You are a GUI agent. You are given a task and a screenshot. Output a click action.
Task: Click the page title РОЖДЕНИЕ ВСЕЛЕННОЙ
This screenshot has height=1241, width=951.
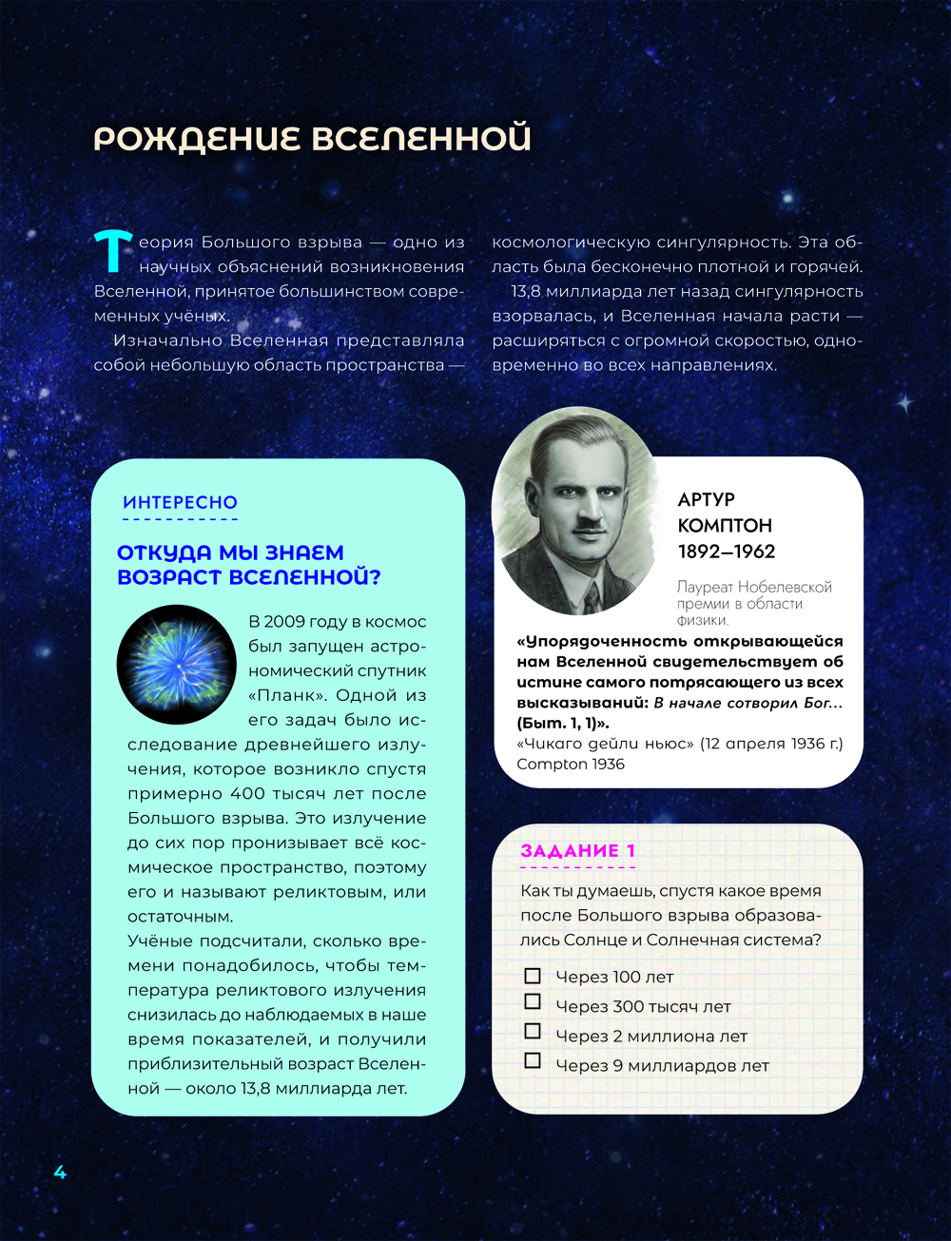(312, 138)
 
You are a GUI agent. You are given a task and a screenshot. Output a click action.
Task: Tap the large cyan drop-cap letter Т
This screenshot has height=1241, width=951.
(112, 249)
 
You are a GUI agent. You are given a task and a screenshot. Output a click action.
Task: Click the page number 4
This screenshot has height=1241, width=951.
(60, 1172)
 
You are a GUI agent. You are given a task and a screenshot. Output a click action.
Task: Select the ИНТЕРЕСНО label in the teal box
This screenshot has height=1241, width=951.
(180, 502)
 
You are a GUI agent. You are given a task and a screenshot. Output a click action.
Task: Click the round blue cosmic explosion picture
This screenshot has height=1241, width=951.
(176, 663)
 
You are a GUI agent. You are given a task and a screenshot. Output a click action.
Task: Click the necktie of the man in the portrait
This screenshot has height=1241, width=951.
(592, 594)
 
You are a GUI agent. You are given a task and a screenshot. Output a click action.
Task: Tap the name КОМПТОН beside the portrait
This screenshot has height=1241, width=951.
(725, 525)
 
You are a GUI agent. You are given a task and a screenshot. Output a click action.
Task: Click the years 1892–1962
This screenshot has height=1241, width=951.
(727, 552)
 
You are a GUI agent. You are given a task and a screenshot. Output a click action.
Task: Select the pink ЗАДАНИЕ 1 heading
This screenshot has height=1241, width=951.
(577, 850)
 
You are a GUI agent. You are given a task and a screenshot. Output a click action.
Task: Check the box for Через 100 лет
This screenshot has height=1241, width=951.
(533, 976)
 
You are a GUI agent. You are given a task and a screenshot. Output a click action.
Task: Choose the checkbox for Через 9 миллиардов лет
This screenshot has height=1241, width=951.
(533, 1060)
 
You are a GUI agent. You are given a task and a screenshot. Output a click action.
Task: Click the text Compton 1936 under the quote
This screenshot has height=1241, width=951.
(571, 764)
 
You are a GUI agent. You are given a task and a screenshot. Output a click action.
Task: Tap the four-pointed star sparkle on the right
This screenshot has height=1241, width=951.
(904, 403)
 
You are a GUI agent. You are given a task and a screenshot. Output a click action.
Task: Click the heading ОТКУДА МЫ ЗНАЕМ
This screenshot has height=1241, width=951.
(230, 553)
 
